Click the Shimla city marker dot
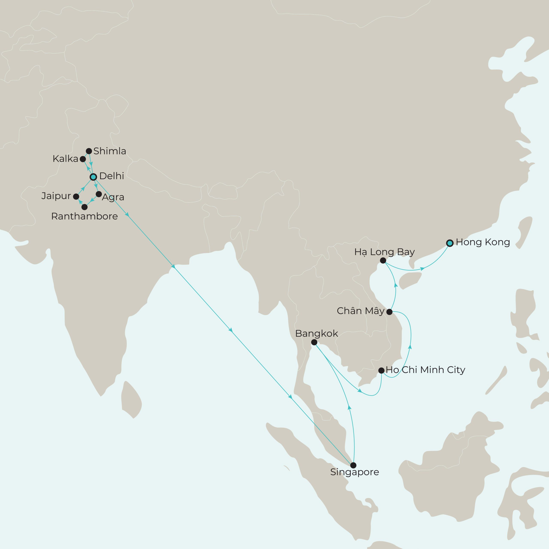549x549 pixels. [89, 151]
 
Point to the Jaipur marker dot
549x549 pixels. [76, 196]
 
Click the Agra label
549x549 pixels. [113, 197]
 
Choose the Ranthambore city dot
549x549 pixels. [84, 207]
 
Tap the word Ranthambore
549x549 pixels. [84, 217]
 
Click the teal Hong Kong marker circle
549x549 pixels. [449, 243]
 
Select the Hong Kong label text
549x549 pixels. [483, 242]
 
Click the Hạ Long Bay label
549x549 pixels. [385, 252]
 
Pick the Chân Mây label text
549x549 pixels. [360, 311]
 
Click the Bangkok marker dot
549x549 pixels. [314, 342]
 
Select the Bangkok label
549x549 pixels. [317, 333]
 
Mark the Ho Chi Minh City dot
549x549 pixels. [381, 370]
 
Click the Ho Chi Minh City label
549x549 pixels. [425, 370]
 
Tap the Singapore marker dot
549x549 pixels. [353, 465]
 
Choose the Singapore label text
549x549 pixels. [354, 472]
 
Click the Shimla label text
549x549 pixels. [110, 151]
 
